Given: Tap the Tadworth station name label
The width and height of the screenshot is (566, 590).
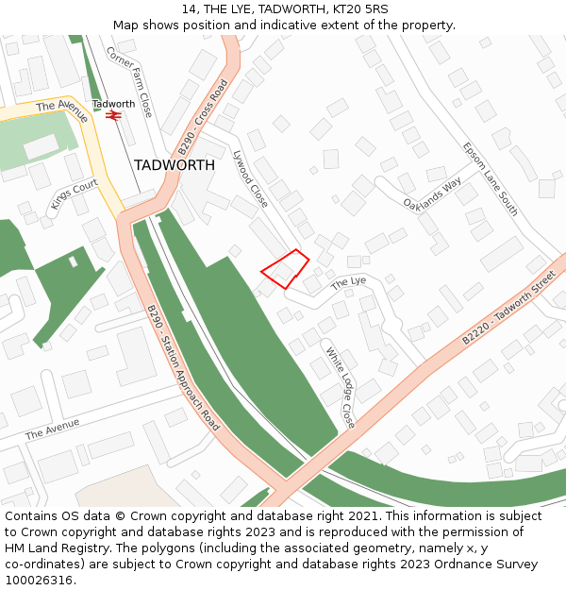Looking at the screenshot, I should [113, 104].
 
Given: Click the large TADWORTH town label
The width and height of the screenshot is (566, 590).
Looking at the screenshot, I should [174, 165].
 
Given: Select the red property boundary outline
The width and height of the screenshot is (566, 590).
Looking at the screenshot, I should [285, 269].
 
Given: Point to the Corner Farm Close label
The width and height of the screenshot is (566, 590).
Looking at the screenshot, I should [129, 82].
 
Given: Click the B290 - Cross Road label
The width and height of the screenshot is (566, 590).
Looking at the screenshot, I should [203, 117].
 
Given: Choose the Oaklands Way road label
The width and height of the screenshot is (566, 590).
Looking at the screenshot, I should [431, 193].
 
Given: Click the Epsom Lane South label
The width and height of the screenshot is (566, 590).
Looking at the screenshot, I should [491, 179].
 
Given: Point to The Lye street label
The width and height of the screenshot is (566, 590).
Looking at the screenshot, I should [347, 283].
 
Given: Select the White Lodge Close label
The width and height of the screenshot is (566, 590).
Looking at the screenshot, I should [340, 387].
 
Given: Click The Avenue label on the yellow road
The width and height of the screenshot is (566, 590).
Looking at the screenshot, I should [62, 111].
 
